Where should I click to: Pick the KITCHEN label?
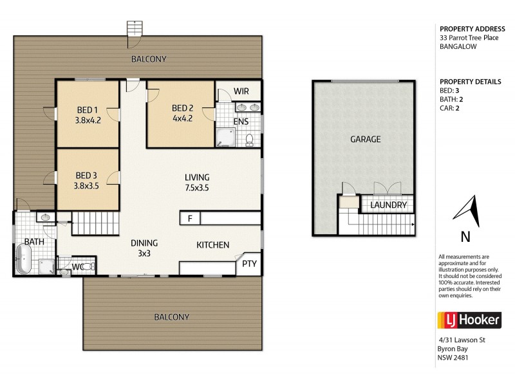pyautogui.click(x=212, y=244)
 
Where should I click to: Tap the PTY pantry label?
pyautogui.click(x=249, y=264)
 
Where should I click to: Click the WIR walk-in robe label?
pyautogui.click(x=241, y=91)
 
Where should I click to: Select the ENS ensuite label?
pyautogui.click(x=241, y=121)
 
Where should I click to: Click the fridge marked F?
pyautogui.click(x=190, y=218)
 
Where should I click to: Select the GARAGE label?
pyautogui.click(x=365, y=139)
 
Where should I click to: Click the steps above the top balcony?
pyautogui.click(x=135, y=30)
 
